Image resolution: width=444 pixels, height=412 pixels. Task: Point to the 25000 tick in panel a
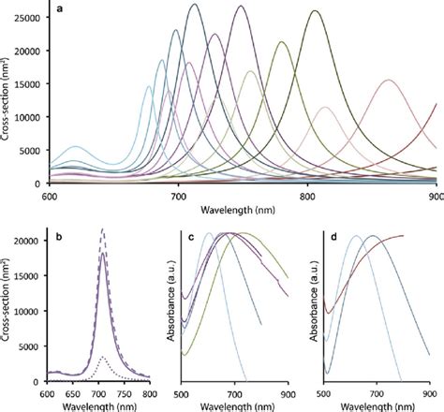click(30, 19)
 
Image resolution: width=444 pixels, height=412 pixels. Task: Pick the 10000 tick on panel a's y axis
click(30, 117)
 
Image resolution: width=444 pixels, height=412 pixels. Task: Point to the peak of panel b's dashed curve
click(102, 229)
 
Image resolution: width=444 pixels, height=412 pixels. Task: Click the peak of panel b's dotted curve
click(103, 357)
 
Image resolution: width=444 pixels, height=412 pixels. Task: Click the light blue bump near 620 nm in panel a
click(76, 147)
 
